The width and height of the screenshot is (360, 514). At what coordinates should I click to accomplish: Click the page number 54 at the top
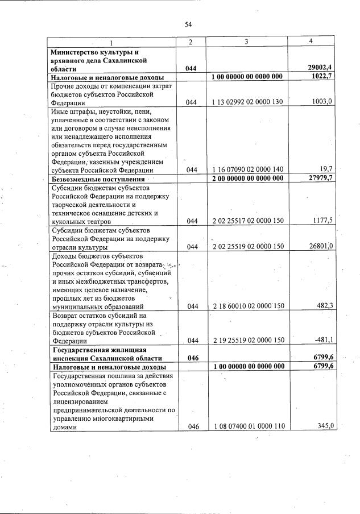click(x=188, y=24)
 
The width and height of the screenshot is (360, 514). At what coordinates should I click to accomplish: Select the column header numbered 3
click(x=246, y=42)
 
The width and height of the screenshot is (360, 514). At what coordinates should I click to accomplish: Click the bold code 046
click(x=192, y=358)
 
